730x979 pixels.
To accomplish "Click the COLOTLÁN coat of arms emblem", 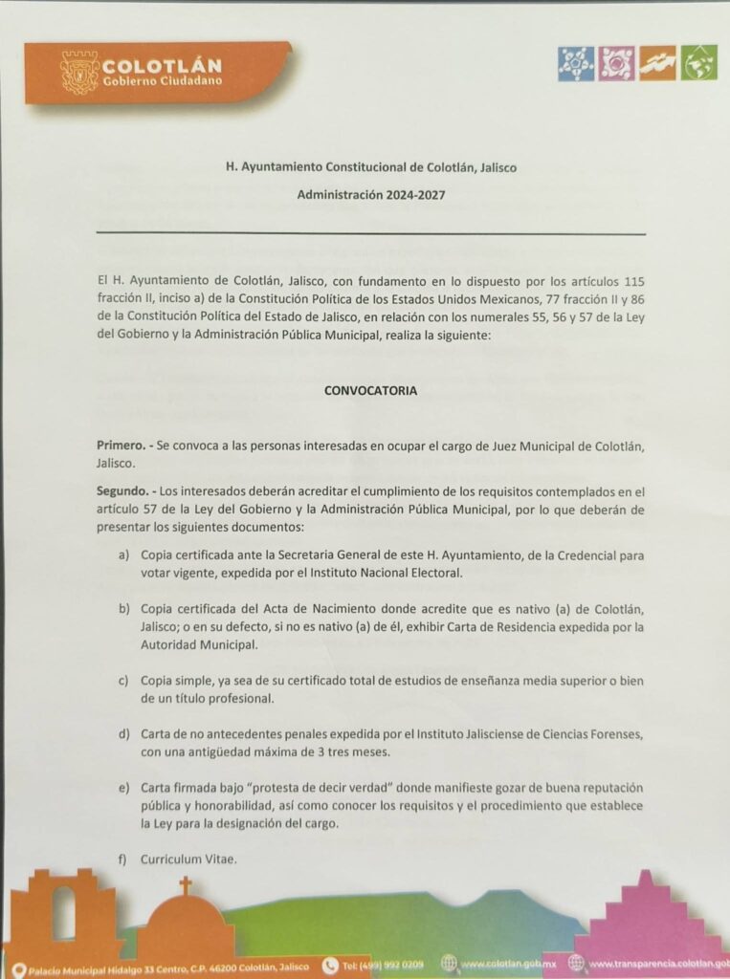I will pos(79,72).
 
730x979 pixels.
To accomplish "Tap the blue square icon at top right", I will pos(576,62).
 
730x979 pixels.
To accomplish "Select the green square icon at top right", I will pos(699,62).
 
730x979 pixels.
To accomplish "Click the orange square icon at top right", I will pos(658,62).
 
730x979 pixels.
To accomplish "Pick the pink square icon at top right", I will pos(617,62).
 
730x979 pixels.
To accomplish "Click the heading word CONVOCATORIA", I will pos(370,390).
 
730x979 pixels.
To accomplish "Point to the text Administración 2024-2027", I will pos(370,193).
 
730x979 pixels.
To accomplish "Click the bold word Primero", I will pos(121,446).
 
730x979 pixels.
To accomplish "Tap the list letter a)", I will pos(123,555).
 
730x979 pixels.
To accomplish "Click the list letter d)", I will pos(123,734).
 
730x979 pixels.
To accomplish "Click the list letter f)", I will pos(122,859).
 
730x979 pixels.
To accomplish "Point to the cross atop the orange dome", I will pos(185,884).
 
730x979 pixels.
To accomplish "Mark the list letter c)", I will pos(123,681).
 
